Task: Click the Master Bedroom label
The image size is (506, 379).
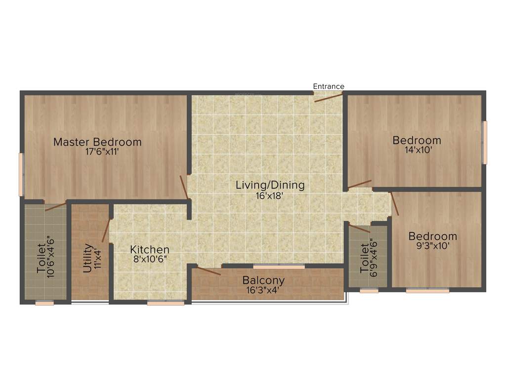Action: tap(97, 142)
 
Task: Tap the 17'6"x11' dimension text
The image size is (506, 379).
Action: tap(102, 152)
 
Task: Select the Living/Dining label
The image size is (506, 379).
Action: tap(270, 186)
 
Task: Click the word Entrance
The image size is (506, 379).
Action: tap(329, 86)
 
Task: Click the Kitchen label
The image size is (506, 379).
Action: tap(150, 250)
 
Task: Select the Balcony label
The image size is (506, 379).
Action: tap(263, 280)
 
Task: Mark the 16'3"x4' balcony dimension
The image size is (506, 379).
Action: tap(263, 290)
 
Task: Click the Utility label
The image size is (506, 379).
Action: tap(87, 259)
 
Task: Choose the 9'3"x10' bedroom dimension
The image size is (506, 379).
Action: tap(432, 246)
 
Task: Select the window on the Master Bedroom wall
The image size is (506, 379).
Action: tap(21, 174)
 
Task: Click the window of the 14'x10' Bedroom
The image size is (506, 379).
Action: tap(485, 143)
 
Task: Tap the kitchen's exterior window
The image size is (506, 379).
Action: tap(166, 303)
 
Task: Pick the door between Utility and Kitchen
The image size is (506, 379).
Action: tap(106, 230)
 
